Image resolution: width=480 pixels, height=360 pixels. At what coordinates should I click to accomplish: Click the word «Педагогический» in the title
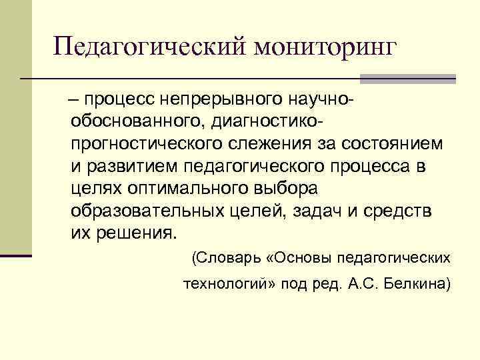pos(141,47)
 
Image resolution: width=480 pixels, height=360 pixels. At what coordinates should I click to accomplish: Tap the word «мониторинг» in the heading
pos(317,47)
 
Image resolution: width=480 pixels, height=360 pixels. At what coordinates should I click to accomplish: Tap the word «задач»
pos(320,211)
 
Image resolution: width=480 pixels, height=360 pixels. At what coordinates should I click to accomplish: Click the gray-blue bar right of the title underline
pos(407,79)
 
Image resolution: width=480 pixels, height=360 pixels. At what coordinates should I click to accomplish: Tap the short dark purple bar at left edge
pos(16,255)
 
